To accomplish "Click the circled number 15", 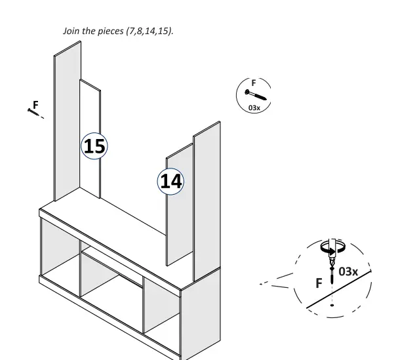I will tap(94, 146).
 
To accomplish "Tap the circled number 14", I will tap(171, 180).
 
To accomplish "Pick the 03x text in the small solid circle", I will tap(254, 108).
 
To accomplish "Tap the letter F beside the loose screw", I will tap(35, 104).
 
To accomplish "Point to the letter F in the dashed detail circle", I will tap(319, 283).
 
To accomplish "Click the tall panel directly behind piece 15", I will tap(66, 125).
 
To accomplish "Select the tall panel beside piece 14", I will tap(207, 197).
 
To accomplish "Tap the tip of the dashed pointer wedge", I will tap(260, 285).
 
